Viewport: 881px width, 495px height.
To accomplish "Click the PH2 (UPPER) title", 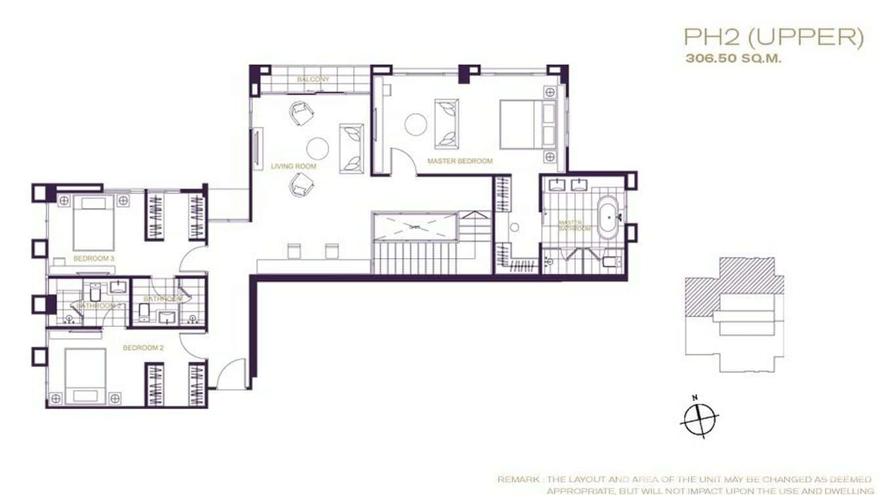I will click(x=773, y=38).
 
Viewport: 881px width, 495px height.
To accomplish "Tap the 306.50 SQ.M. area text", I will click(x=733, y=58).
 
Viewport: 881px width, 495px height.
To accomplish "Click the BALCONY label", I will click(x=313, y=79).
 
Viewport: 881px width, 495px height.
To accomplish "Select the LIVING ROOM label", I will click(x=293, y=167).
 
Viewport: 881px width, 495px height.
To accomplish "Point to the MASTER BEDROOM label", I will click(x=460, y=161).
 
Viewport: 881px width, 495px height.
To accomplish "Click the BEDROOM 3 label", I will click(x=94, y=259).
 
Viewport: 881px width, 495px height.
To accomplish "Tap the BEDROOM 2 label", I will click(x=143, y=348).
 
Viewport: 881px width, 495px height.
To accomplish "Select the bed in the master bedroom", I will click(x=528, y=123).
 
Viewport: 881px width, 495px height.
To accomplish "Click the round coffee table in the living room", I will click(x=318, y=148).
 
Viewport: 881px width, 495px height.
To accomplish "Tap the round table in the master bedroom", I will click(x=416, y=124).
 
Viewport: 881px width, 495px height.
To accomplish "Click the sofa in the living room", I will click(x=351, y=148).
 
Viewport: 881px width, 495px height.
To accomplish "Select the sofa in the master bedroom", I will click(x=447, y=123).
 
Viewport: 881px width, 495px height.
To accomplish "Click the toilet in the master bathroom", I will click(x=609, y=263).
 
